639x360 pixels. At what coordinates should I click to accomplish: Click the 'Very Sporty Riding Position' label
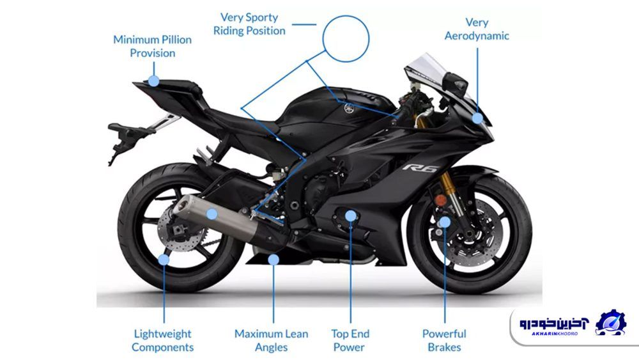(x=249, y=24)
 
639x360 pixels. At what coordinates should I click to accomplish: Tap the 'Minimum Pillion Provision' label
(x=153, y=46)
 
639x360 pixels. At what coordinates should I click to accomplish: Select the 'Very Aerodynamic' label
(x=477, y=29)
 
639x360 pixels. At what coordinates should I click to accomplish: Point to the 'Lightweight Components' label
(x=162, y=340)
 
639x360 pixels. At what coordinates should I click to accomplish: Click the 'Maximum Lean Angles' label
(x=272, y=340)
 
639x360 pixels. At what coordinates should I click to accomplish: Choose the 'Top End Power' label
(x=350, y=340)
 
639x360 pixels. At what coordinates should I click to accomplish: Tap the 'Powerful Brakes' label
(x=444, y=340)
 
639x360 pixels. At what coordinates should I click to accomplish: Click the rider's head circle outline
(x=346, y=39)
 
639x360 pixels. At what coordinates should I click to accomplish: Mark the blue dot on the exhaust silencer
(x=212, y=214)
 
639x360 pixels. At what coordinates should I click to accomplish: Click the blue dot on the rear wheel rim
(x=164, y=260)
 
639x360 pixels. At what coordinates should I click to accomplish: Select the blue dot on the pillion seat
(x=153, y=81)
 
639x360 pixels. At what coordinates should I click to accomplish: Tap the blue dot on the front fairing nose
(x=477, y=118)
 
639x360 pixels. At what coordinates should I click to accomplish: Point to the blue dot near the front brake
(x=445, y=222)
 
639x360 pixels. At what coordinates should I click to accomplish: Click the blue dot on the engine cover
(x=350, y=215)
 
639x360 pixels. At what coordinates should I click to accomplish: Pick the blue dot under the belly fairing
(x=273, y=260)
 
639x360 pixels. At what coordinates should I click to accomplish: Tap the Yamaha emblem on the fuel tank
(x=349, y=109)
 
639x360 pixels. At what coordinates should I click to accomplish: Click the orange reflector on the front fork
(x=440, y=200)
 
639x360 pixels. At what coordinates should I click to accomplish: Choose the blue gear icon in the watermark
(x=610, y=322)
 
